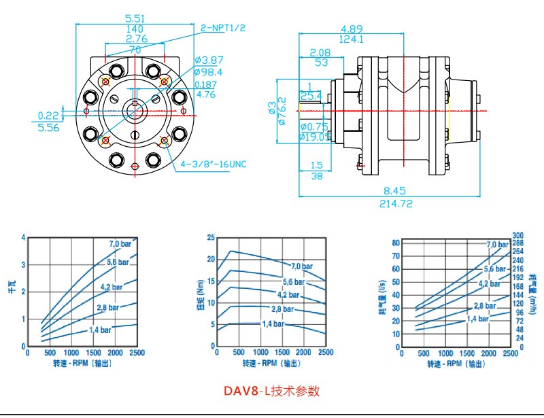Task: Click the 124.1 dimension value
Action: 352,39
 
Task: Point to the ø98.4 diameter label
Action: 208,71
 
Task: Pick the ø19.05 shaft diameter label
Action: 314,137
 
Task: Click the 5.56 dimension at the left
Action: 48,127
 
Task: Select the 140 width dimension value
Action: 134,29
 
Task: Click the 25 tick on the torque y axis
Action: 211,238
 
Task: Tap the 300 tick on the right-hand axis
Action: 517,235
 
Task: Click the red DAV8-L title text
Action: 271,391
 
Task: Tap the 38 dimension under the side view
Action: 316,176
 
